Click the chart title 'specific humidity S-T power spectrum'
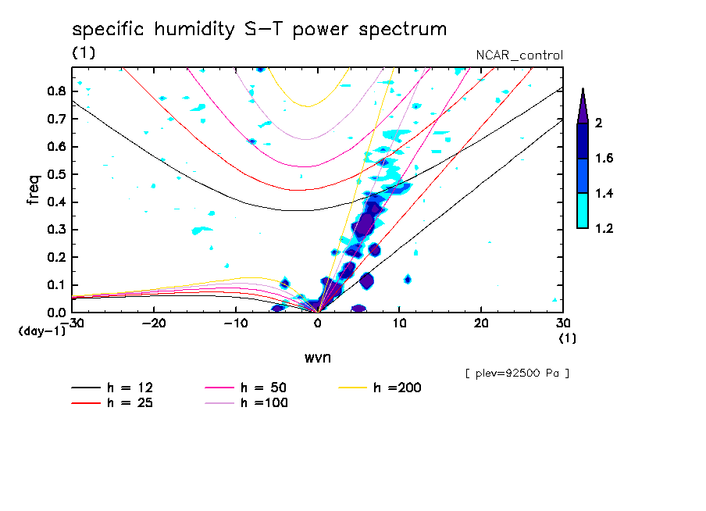coord(259,30)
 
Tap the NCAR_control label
coord(519,55)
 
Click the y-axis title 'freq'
coord(34,189)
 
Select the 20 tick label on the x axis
coord(480,323)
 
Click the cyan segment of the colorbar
coord(582,211)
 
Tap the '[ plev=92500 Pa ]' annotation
coord(516,373)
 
